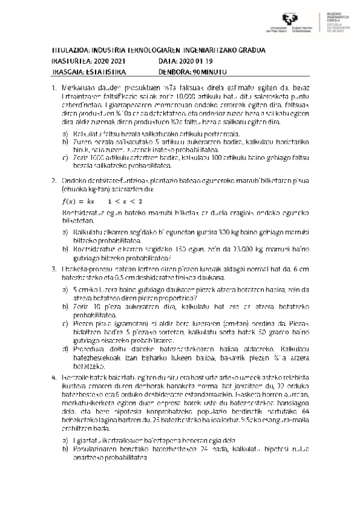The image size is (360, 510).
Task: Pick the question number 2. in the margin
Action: tap(55, 180)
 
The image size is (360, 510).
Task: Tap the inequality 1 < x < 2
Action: tap(126, 201)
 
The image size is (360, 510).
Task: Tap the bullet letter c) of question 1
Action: tap(66, 157)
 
